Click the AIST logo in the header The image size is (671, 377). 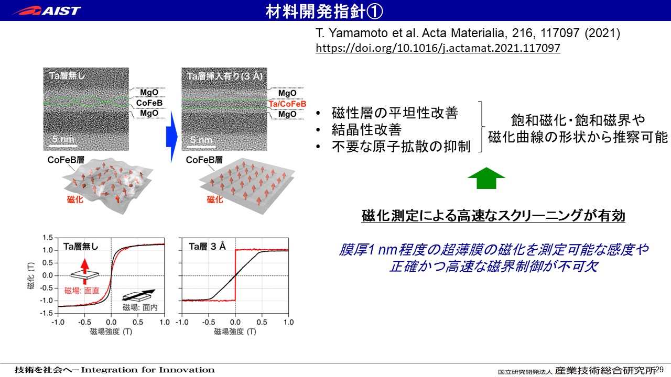[x=47, y=11]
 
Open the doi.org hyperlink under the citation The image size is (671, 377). [x=438, y=48]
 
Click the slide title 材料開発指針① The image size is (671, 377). [x=324, y=12]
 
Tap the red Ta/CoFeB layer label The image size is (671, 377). [x=287, y=104]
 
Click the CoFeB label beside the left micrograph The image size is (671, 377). [x=149, y=103]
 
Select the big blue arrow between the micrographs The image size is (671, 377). [x=171, y=137]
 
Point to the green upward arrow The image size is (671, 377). [x=486, y=178]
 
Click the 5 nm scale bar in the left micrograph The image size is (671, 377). [x=63, y=146]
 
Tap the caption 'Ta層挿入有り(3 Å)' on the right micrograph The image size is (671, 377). [x=225, y=76]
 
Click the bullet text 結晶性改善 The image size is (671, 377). [x=366, y=130]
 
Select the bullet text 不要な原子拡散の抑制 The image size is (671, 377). [x=401, y=147]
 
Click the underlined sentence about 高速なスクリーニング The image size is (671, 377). [x=493, y=216]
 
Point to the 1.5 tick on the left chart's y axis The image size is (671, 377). [x=48, y=238]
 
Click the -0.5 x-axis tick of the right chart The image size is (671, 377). [x=209, y=322]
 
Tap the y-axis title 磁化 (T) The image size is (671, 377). [x=31, y=275]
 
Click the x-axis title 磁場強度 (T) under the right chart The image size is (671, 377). [x=235, y=331]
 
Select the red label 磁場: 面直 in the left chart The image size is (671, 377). [x=82, y=291]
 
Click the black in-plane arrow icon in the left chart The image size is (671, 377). [x=139, y=295]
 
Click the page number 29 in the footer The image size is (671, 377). [x=659, y=369]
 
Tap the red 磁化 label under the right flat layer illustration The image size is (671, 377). [x=215, y=199]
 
